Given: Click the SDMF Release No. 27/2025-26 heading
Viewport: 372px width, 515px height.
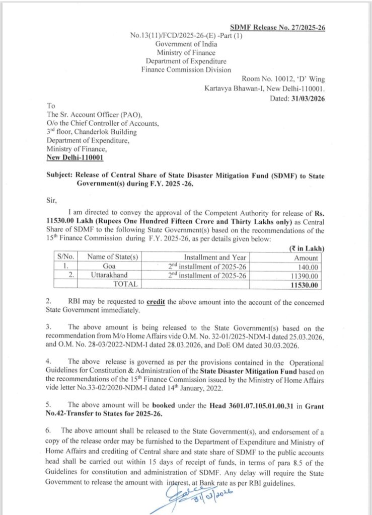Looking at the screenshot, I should point(277,28).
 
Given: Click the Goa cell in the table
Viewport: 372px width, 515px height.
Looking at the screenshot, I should point(110,266).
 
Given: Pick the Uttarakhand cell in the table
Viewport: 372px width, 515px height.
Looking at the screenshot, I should point(110,276).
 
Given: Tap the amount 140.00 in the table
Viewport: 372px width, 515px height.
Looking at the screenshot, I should point(308,266).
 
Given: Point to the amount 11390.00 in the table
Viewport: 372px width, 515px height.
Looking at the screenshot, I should point(304,276).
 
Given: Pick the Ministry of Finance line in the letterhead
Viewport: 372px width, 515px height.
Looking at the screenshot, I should point(186,52).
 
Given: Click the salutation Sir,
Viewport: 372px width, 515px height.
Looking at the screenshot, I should point(51,199).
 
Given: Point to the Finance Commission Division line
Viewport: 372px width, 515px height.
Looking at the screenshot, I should point(186,69).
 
